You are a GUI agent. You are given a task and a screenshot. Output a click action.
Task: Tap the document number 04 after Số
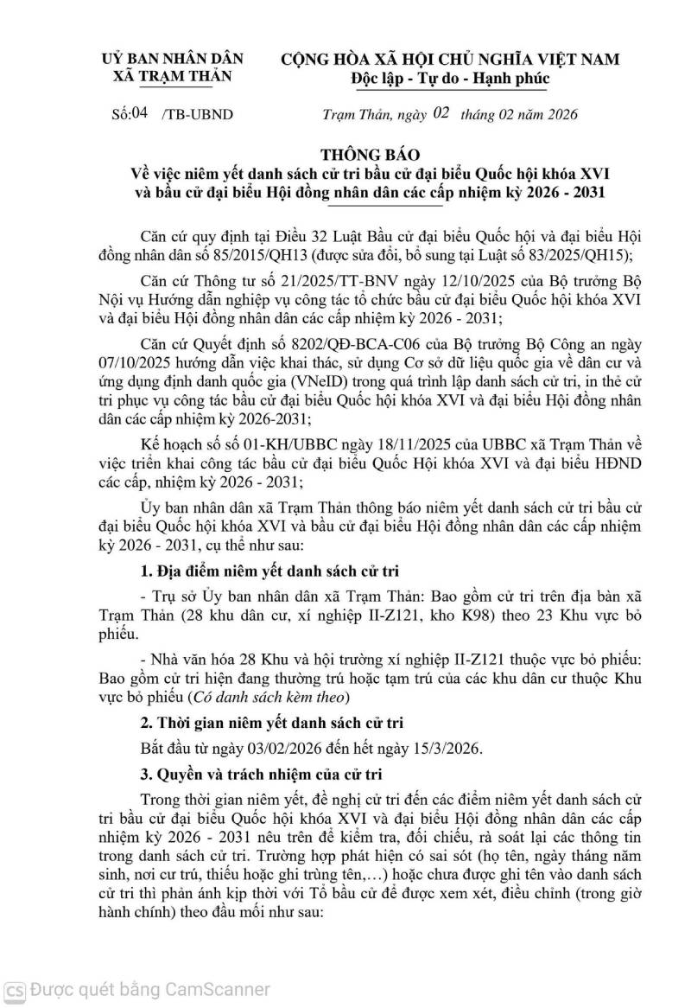[x=138, y=113]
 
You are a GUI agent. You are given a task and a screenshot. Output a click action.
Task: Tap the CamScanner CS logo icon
[x=14, y=990]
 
